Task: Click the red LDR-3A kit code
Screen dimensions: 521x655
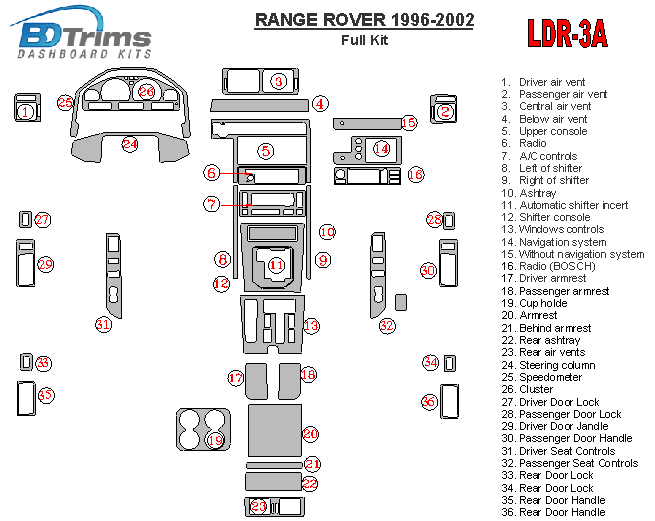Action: (567, 34)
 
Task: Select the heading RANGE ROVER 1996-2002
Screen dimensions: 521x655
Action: (365, 20)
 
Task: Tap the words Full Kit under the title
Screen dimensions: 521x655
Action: (365, 41)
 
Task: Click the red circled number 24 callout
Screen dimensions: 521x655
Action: (130, 145)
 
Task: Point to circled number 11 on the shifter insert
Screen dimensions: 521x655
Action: (276, 265)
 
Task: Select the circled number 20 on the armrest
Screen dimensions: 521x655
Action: (310, 434)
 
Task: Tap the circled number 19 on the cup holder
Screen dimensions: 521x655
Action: (215, 440)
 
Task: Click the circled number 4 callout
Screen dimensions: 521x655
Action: (320, 103)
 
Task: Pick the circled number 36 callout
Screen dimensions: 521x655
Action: (429, 402)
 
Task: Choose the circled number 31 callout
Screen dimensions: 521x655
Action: (103, 324)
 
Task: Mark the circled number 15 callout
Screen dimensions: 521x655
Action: (408, 122)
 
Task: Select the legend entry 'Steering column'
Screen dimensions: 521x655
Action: (556, 365)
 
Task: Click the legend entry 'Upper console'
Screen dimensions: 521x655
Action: (552, 131)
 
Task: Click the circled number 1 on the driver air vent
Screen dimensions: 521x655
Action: (24, 112)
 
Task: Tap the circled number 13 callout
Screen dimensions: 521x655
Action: (311, 325)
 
